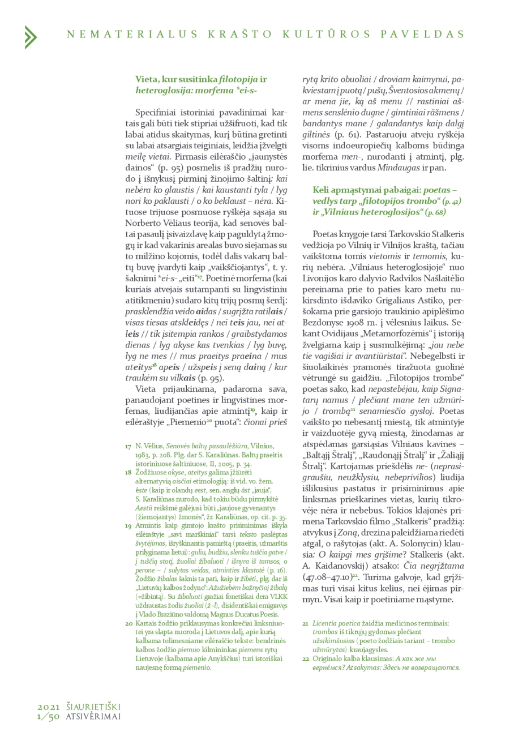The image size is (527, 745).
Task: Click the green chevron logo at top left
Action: (x=30, y=37)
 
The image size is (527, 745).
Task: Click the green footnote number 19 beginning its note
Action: (x=128, y=525)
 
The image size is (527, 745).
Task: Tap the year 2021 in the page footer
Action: (x=49, y=707)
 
